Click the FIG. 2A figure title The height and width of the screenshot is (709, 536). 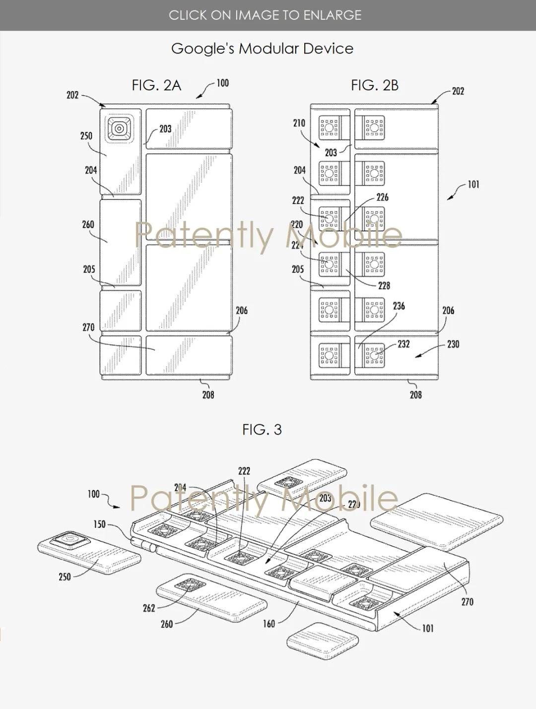pos(156,85)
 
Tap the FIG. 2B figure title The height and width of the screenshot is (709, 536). pos(375,85)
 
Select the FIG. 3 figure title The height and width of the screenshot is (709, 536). pos(262,429)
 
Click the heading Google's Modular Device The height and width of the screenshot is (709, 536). pos(262,49)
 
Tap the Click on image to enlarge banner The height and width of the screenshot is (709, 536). pos(265,15)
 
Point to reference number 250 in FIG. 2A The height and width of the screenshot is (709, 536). pos(86,135)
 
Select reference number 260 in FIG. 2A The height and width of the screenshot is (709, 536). pos(88,224)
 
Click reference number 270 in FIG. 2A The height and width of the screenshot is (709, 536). pos(88,327)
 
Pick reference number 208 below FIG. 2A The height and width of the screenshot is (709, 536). pos(208,394)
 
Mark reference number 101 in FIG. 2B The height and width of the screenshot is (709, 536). pos(473,185)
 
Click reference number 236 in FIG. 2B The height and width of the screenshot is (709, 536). pos(399,306)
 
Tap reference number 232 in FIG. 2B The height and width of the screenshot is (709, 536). pos(403,344)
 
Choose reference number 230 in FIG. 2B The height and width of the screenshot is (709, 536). pos(453,344)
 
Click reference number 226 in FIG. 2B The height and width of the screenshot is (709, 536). pos(382,197)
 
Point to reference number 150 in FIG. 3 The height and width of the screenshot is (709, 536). pos(100,524)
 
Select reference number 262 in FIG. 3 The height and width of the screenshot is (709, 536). pos(149,608)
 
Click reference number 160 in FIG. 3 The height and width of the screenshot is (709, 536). pos(268,624)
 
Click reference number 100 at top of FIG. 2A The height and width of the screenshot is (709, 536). pos(223,83)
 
